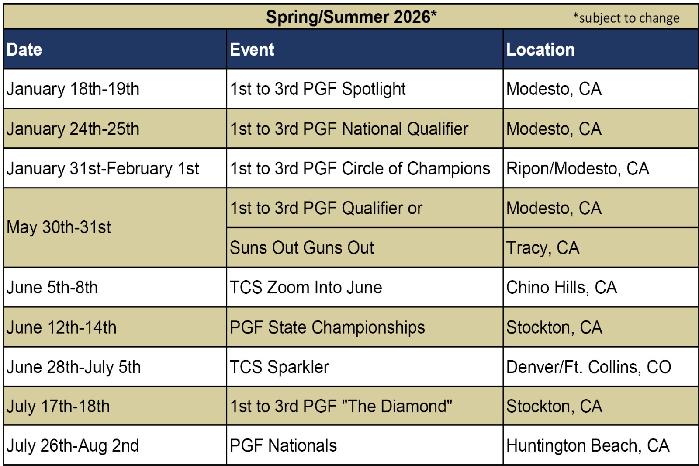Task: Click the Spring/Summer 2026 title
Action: click(x=351, y=17)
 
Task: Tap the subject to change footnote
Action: click(x=626, y=18)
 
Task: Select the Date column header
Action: click(x=24, y=49)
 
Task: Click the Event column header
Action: click(x=252, y=49)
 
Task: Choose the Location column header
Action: click(x=540, y=49)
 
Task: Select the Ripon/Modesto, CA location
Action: click(x=578, y=169)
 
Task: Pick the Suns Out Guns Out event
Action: click(x=302, y=248)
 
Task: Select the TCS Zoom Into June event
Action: click(x=306, y=287)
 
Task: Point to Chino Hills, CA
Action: click(x=561, y=287)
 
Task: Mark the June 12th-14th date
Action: click(x=62, y=327)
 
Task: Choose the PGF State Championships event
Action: click(x=327, y=327)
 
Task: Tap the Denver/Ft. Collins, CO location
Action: click(x=588, y=367)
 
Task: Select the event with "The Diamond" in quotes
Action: click(x=341, y=406)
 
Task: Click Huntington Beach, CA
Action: click(x=588, y=446)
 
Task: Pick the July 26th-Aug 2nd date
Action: click(x=73, y=446)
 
